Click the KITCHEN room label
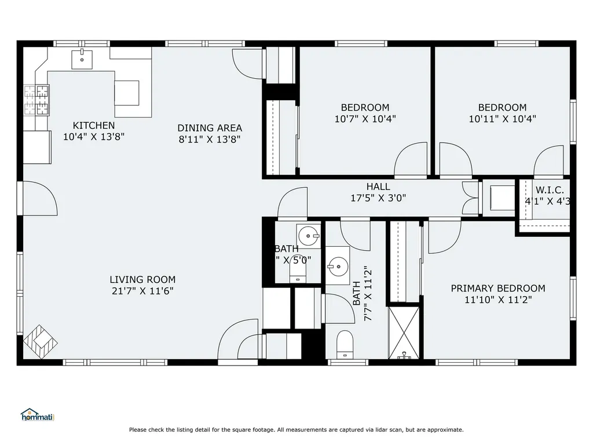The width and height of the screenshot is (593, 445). tap(93, 125)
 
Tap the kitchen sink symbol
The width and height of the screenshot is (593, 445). tap(82, 59)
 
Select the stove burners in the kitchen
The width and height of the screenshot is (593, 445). tap(36, 99)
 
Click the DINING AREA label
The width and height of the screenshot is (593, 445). tap(210, 128)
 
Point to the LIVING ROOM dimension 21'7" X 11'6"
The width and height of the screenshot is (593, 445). tap(142, 291)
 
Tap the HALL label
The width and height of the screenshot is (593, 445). tap(378, 187)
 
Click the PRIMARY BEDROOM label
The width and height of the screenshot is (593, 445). tap(497, 288)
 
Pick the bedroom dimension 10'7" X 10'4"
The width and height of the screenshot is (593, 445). tap(365, 119)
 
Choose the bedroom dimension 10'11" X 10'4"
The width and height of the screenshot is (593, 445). tap(502, 119)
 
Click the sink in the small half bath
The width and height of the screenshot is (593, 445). tap(308, 235)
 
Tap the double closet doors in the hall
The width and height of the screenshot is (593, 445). tap(470, 198)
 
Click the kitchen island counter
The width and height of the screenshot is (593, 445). tap(127, 92)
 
